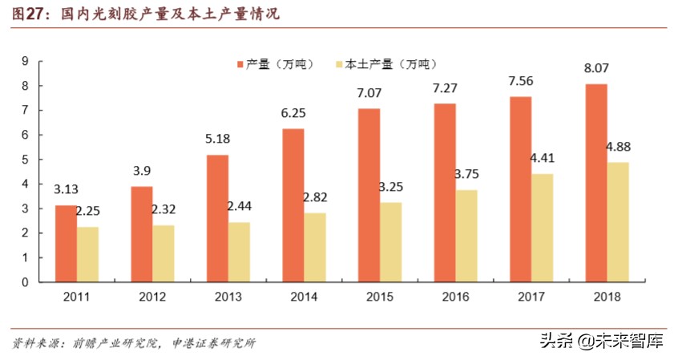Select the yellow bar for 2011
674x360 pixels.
point(88,254)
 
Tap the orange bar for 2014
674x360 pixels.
point(295,205)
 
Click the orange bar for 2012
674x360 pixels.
point(141,234)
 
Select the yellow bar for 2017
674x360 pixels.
point(542,228)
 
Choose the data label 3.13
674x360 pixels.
point(66,190)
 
